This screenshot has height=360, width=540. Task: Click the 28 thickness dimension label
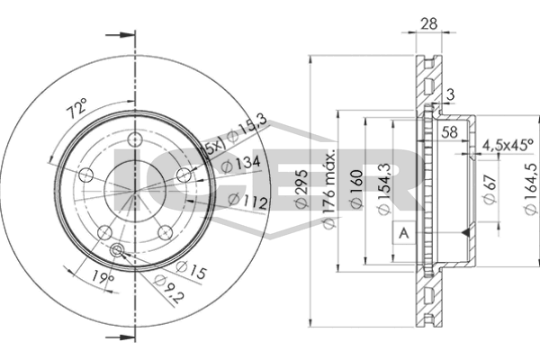[428, 23]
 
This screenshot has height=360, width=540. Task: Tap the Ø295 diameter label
[301, 189]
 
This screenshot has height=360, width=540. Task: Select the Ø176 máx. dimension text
[329, 189]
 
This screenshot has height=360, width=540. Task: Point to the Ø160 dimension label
[356, 189]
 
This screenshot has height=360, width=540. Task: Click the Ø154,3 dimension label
[384, 189]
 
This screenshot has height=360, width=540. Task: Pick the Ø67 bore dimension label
[490, 189]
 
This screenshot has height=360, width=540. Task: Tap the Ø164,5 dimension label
[531, 189]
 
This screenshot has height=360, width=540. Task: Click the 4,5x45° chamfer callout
[508, 146]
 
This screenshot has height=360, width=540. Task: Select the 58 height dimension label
[449, 132]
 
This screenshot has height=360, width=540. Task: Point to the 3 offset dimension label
[451, 94]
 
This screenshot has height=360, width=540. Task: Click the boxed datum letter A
[403, 233]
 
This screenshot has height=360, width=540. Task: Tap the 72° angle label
[77, 108]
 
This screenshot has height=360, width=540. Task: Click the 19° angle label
[103, 276]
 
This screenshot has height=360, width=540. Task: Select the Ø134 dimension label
[240, 163]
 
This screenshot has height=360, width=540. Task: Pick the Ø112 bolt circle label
[247, 201]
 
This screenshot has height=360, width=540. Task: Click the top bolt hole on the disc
[135, 140]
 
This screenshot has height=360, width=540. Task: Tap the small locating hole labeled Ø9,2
[117, 250]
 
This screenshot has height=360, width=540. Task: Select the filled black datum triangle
[466, 232]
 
